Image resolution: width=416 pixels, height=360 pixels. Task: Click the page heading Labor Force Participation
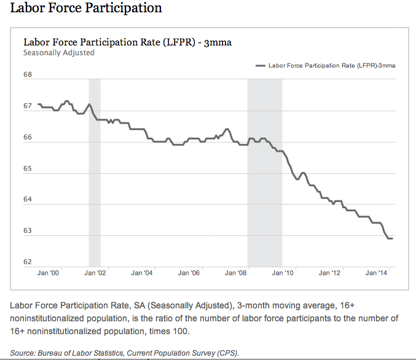click(86, 9)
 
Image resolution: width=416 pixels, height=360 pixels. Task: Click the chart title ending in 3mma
click(127, 42)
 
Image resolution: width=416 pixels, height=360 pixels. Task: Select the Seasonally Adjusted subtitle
click(58, 53)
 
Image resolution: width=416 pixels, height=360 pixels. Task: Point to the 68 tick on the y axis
click(28, 75)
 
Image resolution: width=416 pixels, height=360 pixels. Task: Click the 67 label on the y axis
click(28, 106)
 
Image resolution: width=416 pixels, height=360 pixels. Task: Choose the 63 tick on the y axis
click(28, 232)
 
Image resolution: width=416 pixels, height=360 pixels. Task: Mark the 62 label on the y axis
click(28, 262)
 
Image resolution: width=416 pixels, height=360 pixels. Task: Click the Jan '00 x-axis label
click(48, 273)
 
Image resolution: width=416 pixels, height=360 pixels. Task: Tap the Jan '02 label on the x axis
click(95, 273)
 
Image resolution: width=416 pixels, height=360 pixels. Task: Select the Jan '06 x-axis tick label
click(189, 273)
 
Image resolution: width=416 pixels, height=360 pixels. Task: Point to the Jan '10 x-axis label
click(283, 273)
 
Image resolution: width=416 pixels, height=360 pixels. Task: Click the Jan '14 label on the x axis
click(377, 273)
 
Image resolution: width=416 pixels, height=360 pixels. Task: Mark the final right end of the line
click(393, 238)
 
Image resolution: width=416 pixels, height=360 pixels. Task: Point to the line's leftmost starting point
click(38, 104)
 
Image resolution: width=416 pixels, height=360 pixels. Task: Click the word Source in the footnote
click(23, 353)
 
